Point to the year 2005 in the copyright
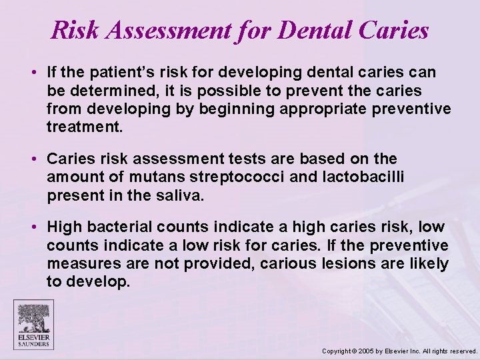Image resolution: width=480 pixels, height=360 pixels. pos(367,351)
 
